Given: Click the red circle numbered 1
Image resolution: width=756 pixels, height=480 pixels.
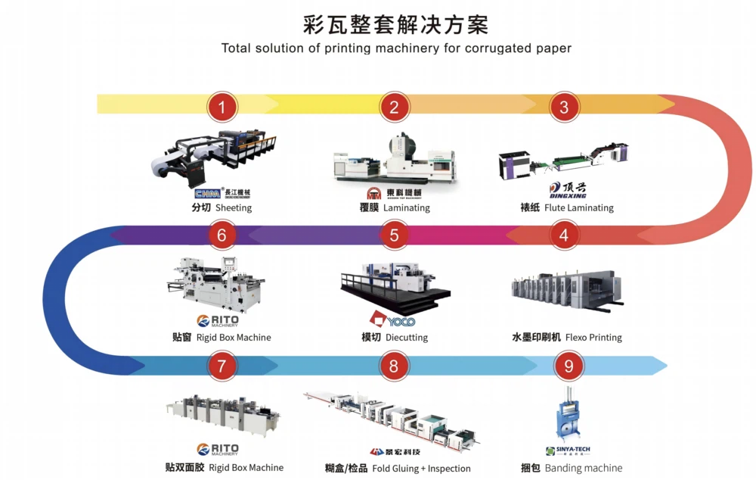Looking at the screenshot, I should pyautogui.click(x=222, y=107).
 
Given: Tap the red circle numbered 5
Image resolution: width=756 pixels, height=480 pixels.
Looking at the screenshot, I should pyautogui.click(x=394, y=235).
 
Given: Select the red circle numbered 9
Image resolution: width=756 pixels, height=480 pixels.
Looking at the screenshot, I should pyautogui.click(x=569, y=366).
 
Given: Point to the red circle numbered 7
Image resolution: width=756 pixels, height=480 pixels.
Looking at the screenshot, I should pyautogui.click(x=222, y=366).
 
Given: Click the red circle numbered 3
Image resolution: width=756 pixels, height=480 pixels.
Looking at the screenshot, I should pyautogui.click(x=564, y=107).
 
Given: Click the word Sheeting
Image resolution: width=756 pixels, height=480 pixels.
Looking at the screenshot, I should pyautogui.click(x=234, y=208).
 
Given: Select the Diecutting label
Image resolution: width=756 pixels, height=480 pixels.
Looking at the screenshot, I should pyautogui.click(x=407, y=338).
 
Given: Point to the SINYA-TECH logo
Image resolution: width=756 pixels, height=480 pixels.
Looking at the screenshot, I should pyautogui.click(x=567, y=450).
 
